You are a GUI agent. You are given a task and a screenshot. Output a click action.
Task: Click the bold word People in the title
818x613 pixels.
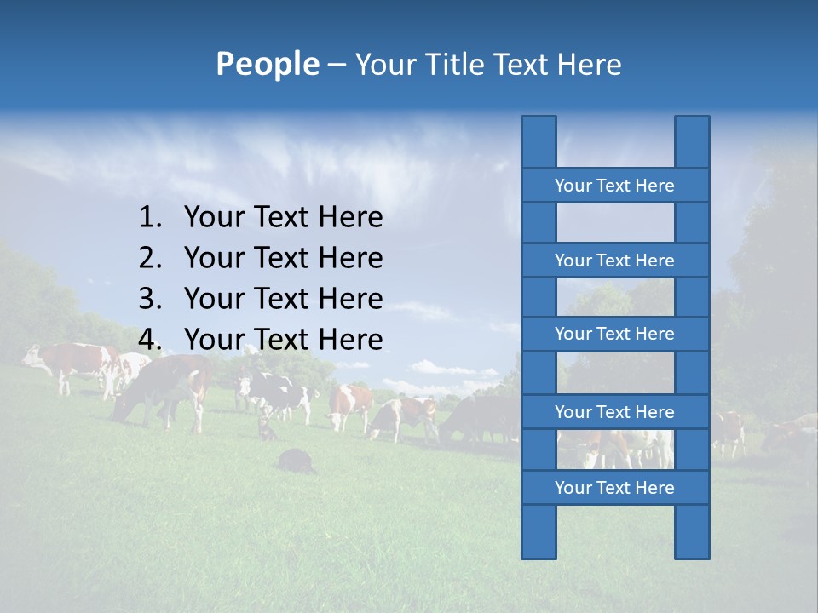pyautogui.click(x=267, y=64)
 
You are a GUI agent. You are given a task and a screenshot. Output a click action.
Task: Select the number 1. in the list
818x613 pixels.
pyautogui.click(x=150, y=218)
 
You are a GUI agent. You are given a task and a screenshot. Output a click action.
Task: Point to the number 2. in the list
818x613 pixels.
pyautogui.click(x=150, y=258)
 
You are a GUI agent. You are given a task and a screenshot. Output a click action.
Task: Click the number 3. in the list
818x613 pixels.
pyautogui.click(x=150, y=299)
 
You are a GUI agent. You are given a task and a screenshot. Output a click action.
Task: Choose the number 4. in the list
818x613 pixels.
pyautogui.click(x=150, y=340)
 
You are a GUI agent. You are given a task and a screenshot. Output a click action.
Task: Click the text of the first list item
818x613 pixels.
pyautogui.click(x=283, y=218)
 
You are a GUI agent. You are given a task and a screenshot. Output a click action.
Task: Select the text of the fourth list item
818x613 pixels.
pyautogui.click(x=283, y=340)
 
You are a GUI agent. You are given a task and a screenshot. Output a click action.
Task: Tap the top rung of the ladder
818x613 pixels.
pyautogui.click(x=614, y=186)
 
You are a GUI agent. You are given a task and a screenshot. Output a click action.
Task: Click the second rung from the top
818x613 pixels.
pyautogui.click(x=614, y=261)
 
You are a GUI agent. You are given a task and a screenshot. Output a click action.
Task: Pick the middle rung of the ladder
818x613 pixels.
pyautogui.click(x=614, y=334)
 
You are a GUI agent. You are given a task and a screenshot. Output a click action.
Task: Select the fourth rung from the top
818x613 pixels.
pyautogui.click(x=614, y=412)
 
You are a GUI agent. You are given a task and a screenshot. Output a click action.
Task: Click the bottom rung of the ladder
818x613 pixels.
pyautogui.click(x=614, y=488)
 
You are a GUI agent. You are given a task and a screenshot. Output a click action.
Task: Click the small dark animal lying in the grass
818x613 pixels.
pyautogui.click(x=296, y=460)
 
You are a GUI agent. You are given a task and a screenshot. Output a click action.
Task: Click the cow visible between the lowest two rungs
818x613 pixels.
pyautogui.click(x=615, y=448)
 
